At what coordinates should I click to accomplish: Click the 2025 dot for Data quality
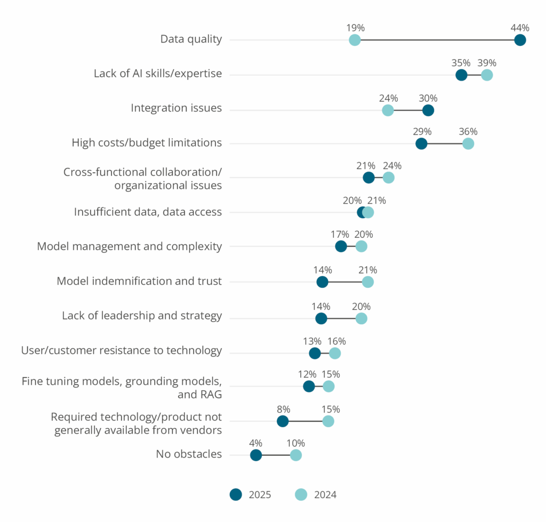[520, 40]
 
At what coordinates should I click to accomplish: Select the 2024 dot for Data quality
[355, 40]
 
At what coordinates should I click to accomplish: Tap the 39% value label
[486, 63]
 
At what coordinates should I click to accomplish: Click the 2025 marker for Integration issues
[428, 110]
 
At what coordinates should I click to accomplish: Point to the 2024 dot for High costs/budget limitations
[468, 143]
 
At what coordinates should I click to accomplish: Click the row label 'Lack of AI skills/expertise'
[157, 74]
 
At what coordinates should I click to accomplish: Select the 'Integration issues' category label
[176, 108]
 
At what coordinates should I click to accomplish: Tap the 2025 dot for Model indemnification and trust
[322, 282]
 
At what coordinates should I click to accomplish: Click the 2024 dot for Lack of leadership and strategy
[361, 318]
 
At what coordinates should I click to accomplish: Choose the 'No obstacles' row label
[189, 454]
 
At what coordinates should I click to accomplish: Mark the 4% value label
[256, 443]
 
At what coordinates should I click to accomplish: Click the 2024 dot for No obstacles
[295, 455]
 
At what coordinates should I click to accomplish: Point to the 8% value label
[283, 409]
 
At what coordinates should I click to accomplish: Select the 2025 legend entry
[251, 495]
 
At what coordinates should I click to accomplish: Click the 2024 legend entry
[316, 495]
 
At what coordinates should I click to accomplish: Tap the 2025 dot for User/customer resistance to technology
[315, 353]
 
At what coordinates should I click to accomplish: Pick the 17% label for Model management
[340, 234]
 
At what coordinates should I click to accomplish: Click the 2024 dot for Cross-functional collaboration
[388, 178]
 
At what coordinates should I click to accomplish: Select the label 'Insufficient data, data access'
[148, 212]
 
